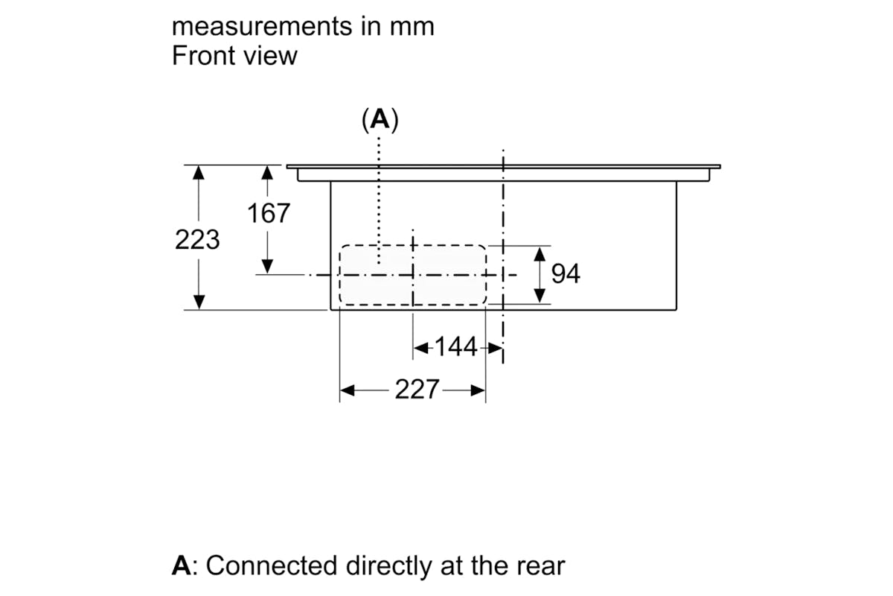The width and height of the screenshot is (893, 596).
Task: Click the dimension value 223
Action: (x=197, y=240)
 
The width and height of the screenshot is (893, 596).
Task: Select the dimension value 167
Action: (x=269, y=213)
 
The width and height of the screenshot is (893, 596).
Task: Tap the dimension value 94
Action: (x=566, y=273)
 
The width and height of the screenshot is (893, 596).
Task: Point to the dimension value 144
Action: (x=455, y=346)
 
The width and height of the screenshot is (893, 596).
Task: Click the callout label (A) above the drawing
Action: (x=380, y=119)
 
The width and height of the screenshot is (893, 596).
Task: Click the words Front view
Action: (x=234, y=55)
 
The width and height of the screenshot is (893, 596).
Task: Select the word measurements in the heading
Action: (x=262, y=26)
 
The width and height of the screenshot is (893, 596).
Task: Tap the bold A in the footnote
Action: (x=182, y=565)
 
